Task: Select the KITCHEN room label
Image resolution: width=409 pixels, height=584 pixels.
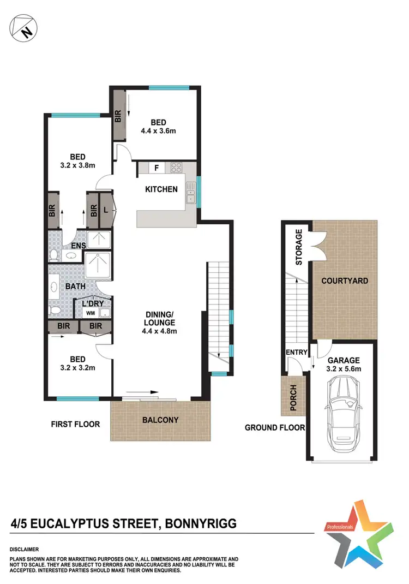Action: (x=161, y=189)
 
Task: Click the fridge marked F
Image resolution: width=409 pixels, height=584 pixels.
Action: (x=157, y=168)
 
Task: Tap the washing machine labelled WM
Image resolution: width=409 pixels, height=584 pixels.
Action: (x=89, y=313)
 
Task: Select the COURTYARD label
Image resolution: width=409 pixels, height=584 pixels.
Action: (x=344, y=281)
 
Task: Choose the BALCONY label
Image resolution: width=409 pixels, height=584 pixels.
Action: (x=160, y=420)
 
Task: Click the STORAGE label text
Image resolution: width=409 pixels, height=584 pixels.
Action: (x=298, y=247)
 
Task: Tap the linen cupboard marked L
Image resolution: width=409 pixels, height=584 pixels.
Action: (x=105, y=210)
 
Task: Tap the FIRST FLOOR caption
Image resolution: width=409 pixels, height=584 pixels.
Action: (x=75, y=424)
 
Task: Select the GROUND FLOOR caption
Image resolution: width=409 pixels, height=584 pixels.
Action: (x=274, y=427)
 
